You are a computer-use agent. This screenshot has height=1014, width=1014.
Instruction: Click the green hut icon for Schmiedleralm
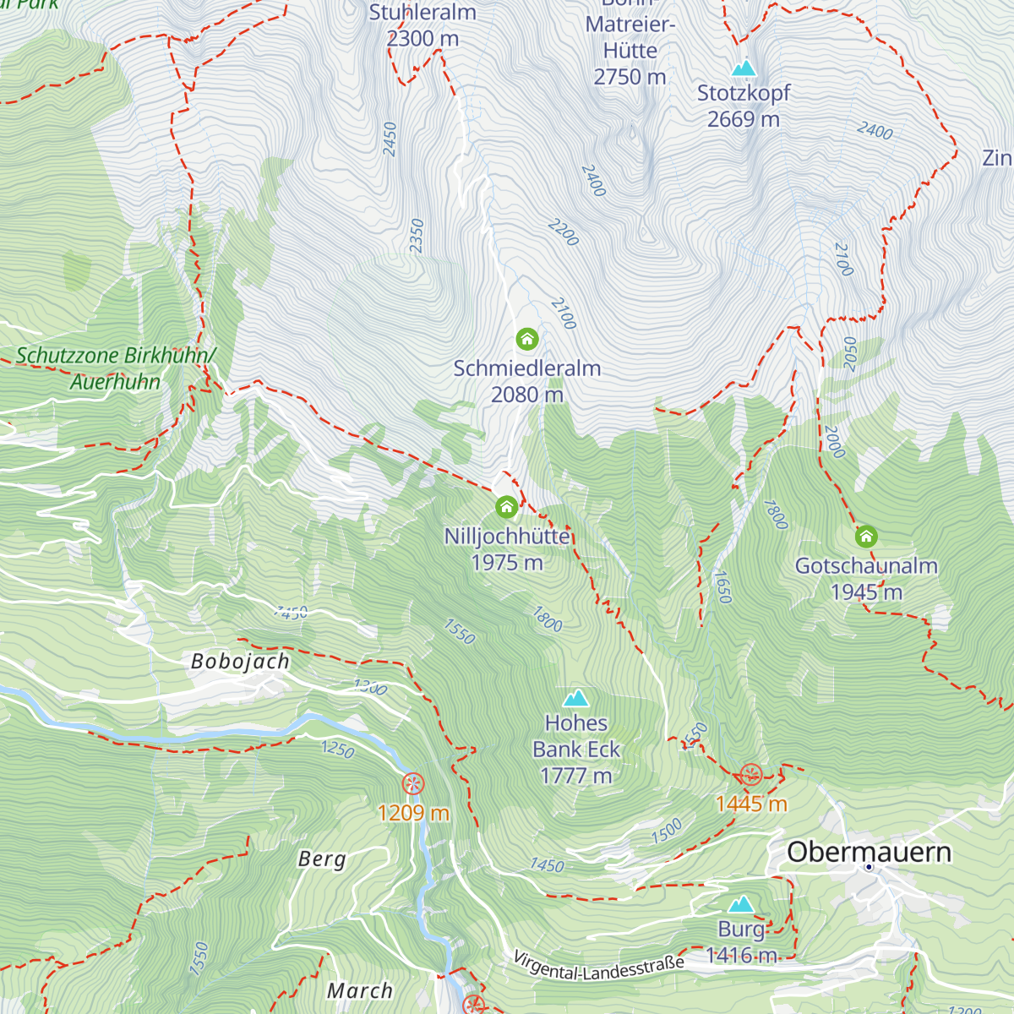[x=527, y=340]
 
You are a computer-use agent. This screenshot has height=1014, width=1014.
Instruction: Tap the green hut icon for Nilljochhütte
[x=506, y=507]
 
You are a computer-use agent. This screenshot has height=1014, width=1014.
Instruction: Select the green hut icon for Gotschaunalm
[x=866, y=537]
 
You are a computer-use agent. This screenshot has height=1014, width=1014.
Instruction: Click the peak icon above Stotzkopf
[x=744, y=68]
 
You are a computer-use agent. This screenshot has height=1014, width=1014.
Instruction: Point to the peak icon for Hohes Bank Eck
[x=576, y=698]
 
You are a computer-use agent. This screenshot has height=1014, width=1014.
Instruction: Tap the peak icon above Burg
[x=741, y=904]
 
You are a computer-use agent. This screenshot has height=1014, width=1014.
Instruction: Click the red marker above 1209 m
[x=412, y=783]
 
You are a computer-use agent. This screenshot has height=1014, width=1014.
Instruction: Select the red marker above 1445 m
[x=750, y=774]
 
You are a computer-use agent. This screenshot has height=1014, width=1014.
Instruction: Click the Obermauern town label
[x=869, y=852]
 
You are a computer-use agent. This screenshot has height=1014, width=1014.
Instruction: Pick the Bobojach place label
[x=240, y=661]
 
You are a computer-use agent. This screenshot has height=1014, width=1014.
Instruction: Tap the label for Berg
[x=322, y=859]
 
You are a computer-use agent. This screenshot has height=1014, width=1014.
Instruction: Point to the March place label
[x=360, y=990]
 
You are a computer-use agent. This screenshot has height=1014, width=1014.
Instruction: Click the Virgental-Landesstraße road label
[x=598, y=967]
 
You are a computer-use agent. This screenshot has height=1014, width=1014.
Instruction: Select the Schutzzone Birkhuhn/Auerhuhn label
[x=116, y=368]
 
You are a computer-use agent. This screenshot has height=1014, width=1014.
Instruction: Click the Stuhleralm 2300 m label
[x=422, y=25]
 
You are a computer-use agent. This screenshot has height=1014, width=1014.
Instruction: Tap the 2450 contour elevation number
[x=390, y=139]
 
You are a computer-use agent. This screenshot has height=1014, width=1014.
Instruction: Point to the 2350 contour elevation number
[x=417, y=236]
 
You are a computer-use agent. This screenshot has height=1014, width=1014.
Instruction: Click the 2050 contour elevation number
[x=850, y=353]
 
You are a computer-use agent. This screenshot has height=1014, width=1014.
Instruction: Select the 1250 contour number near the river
[x=338, y=749]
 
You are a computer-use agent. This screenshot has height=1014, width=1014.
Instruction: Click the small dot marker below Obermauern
[x=868, y=867]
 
